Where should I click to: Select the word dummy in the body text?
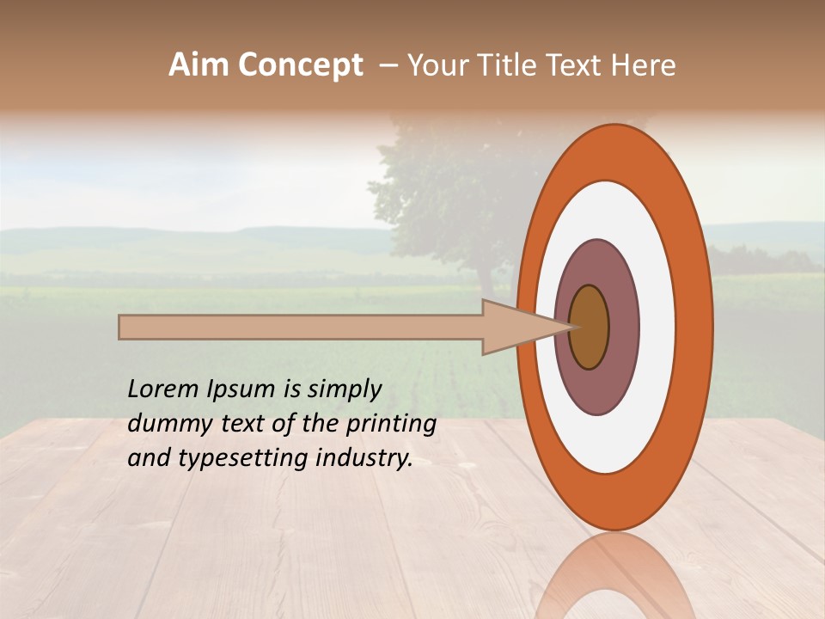pos(162,424)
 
